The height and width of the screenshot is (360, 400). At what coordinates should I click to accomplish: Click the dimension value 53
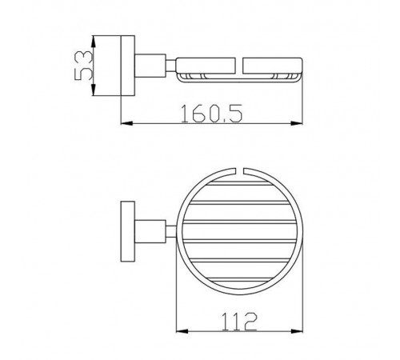click(x=84, y=66)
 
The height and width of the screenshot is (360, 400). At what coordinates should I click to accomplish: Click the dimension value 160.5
click(x=211, y=114)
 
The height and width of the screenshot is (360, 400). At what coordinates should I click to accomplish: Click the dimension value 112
click(x=239, y=322)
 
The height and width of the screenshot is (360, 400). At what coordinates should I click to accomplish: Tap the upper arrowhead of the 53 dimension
click(x=93, y=42)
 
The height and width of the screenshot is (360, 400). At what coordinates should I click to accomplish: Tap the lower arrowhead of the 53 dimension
click(x=93, y=90)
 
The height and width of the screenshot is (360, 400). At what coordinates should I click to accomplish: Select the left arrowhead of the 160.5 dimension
click(x=127, y=123)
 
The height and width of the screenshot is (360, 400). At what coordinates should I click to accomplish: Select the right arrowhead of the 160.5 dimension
click(x=296, y=123)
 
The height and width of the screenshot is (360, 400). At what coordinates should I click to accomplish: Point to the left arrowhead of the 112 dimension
click(x=182, y=331)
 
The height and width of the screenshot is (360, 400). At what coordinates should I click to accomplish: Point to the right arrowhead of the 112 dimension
click(x=296, y=331)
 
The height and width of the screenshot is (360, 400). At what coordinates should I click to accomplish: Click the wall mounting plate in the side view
click(x=128, y=66)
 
